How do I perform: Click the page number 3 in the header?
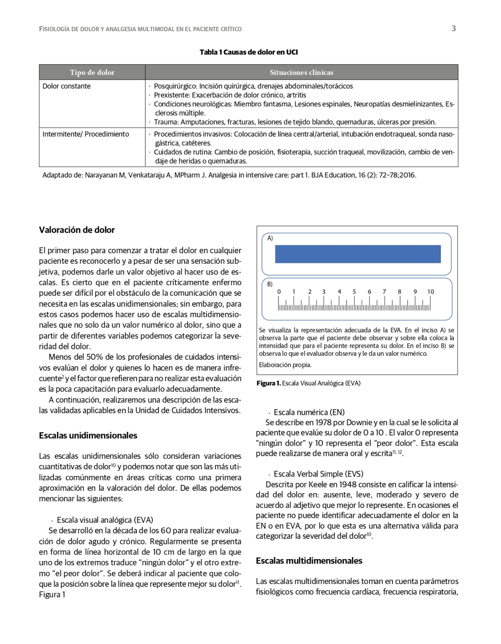453,29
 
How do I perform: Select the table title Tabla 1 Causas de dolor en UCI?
249,52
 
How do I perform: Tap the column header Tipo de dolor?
92,72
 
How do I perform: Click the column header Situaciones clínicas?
301,72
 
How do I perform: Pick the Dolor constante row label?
67,86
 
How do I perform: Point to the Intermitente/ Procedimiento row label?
86,134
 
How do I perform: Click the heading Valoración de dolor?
77,230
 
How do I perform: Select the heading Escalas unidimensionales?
88,435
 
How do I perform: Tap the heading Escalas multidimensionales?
309,561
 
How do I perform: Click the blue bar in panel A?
357,254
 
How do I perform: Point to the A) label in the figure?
270,238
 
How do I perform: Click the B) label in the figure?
269,284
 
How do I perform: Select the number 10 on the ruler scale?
430,292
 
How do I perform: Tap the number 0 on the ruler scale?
279,292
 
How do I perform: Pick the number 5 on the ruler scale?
354,292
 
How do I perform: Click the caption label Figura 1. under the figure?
269,383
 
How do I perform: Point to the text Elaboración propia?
285,365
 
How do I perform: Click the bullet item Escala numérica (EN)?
309,412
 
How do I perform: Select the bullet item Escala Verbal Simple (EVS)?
318,474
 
